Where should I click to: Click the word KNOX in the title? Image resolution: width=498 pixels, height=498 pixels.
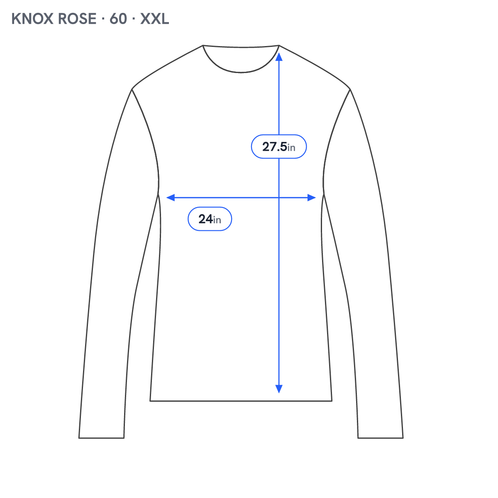click(x=32, y=19)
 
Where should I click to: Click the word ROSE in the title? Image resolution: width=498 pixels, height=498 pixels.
click(x=77, y=19)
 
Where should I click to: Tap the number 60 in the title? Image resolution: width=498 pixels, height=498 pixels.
click(x=118, y=19)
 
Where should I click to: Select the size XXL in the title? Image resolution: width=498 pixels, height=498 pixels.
click(x=154, y=19)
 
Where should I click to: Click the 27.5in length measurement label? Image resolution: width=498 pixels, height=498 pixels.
click(x=279, y=146)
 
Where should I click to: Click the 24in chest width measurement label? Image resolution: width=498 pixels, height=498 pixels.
click(x=210, y=219)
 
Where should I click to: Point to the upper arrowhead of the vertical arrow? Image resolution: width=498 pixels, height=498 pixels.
click(x=279, y=56)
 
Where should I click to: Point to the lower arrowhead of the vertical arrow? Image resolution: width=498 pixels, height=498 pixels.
click(x=279, y=389)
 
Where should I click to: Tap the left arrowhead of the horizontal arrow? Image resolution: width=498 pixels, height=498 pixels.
click(x=171, y=198)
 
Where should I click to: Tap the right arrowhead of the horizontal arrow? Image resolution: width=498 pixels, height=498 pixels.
click(x=312, y=198)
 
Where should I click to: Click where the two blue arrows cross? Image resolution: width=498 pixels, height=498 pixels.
click(x=279, y=198)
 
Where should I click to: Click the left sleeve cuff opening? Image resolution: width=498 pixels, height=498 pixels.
click(x=102, y=438)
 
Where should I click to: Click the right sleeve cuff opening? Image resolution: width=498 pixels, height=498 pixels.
click(x=381, y=438)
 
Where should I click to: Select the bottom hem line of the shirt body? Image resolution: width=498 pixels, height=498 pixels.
click(x=241, y=401)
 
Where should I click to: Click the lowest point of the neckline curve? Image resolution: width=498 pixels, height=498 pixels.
click(x=241, y=72)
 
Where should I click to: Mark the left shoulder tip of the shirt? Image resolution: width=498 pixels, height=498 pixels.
click(x=132, y=89)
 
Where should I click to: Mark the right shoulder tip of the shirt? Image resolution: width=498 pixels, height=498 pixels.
click(x=350, y=89)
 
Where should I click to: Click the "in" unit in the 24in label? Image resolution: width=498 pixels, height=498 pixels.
click(x=217, y=220)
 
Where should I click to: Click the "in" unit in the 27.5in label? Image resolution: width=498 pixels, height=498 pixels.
click(x=291, y=148)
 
